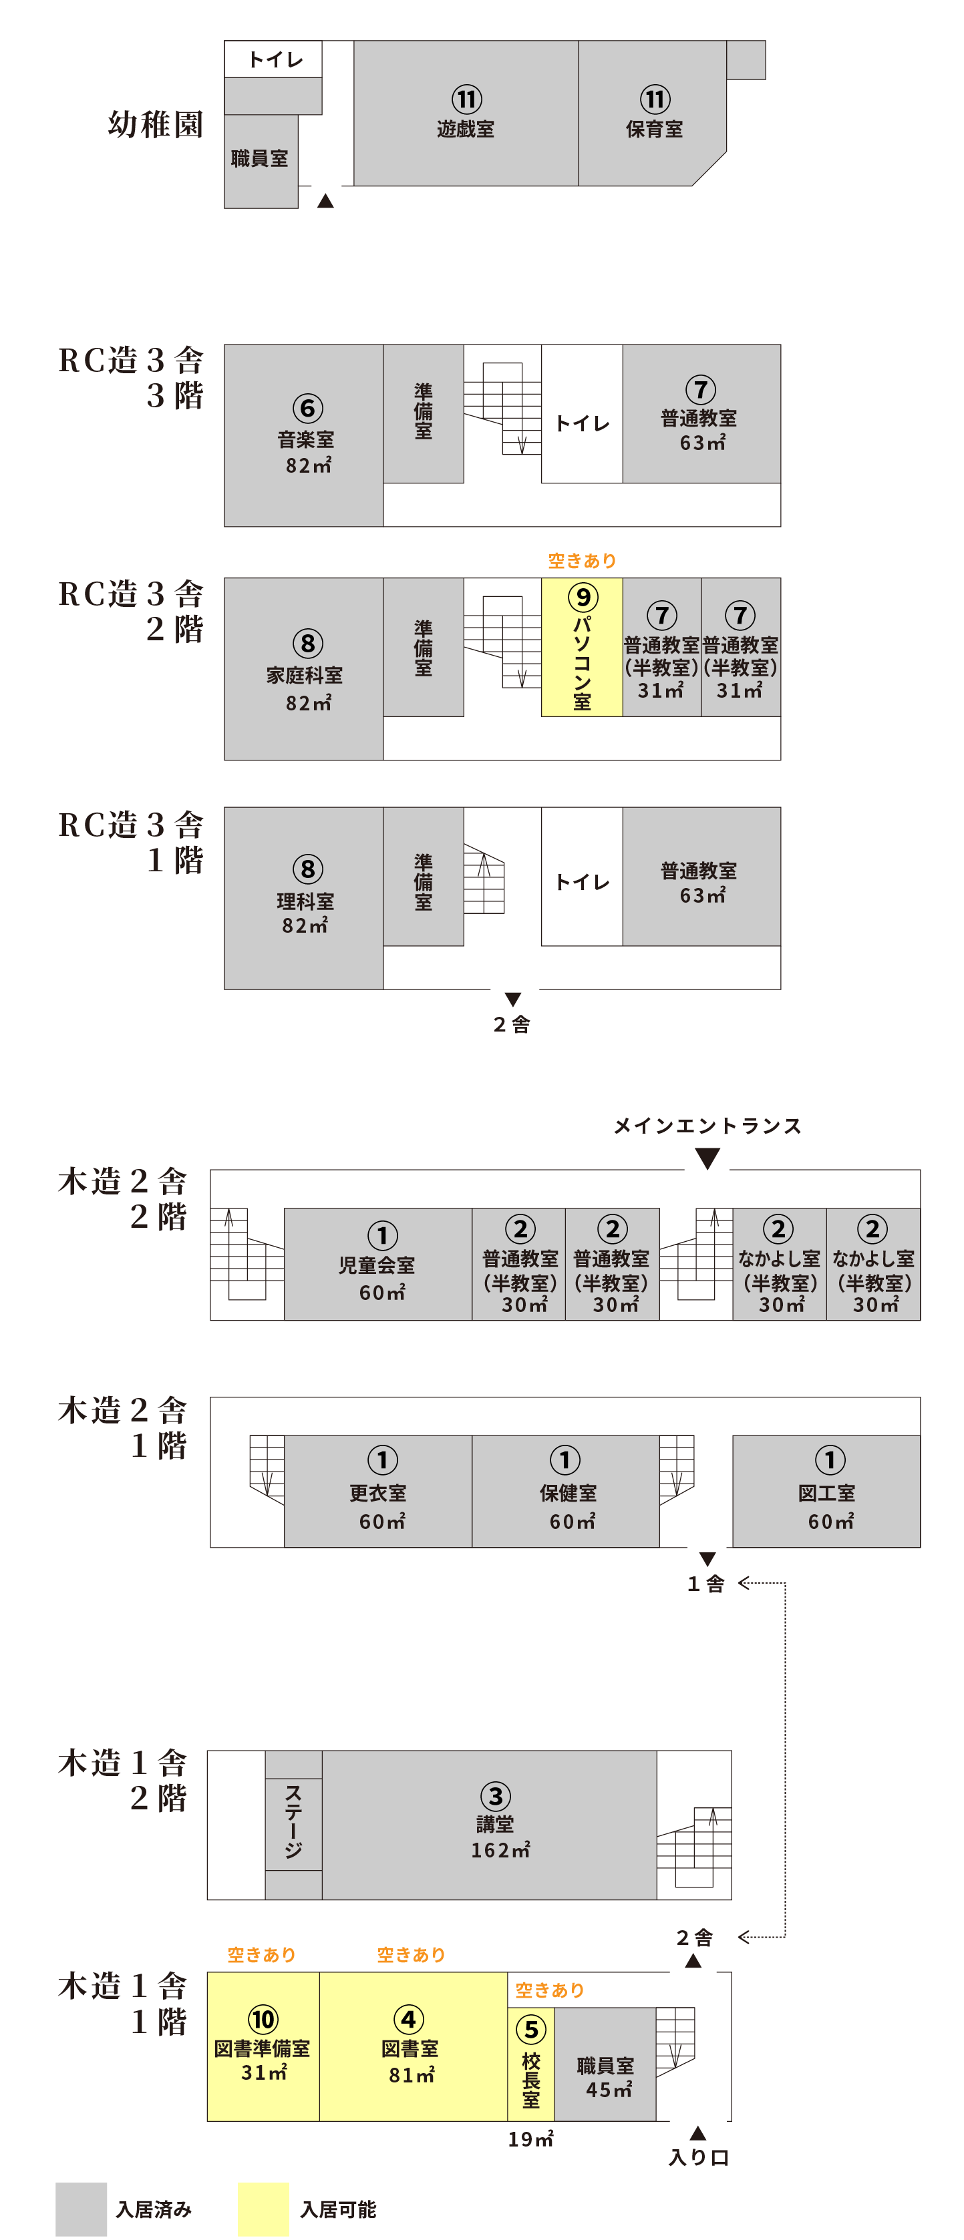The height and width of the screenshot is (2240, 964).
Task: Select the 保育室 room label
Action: point(653,129)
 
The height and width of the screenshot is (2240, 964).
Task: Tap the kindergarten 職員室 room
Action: point(259,159)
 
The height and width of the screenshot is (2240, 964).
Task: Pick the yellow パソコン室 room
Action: point(581,648)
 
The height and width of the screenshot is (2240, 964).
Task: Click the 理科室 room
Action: point(305,899)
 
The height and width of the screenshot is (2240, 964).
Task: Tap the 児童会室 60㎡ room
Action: point(377,1265)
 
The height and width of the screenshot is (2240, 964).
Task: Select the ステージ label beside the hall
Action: point(294,1822)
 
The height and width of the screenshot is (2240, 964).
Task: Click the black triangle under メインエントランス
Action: point(707,1158)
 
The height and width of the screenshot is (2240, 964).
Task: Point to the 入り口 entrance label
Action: point(699,2157)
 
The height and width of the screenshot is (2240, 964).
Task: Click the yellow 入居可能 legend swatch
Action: point(263,2209)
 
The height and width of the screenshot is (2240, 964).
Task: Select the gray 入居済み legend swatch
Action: point(81,2209)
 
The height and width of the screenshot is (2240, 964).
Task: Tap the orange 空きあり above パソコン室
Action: point(581,561)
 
